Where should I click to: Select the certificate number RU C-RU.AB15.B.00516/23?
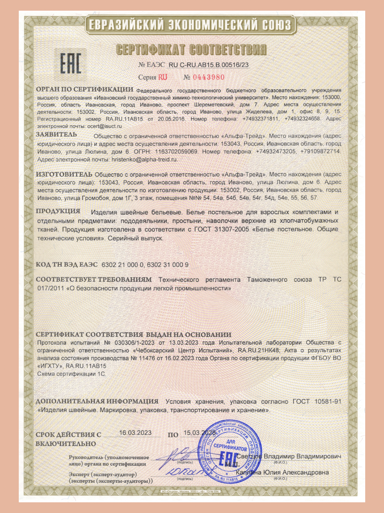(209, 65)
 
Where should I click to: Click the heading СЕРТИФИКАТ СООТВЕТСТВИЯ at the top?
(192, 50)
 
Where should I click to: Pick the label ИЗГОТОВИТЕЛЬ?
(64, 174)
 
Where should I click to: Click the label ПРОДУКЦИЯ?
(58, 212)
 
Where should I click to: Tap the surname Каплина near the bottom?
(250, 472)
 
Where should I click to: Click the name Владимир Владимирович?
(302, 457)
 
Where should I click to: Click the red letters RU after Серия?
(163, 77)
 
